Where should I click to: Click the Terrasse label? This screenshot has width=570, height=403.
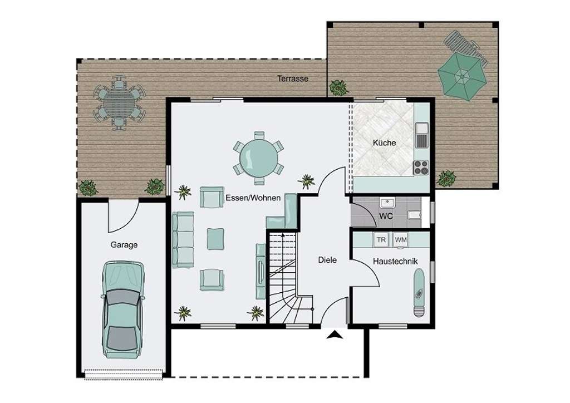[293, 79]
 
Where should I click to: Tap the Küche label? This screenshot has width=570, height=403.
[384, 143]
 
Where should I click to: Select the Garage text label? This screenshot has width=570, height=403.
[124, 245]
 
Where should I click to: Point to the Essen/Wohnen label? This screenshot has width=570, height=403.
[253, 198]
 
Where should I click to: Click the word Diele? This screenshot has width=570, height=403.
[327, 260]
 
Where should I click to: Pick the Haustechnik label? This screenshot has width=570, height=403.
[395, 261]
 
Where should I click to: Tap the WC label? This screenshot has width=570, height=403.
[386, 215]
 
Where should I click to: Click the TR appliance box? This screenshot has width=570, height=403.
[381, 239]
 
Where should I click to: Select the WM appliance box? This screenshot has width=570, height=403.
[400, 239]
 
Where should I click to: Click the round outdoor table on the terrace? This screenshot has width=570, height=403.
[119, 103]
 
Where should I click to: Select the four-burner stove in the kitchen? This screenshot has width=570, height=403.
[421, 166]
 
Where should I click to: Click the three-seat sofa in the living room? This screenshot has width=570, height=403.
[183, 239]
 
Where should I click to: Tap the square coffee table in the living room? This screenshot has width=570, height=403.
[215, 239]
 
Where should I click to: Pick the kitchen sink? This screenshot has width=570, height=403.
[422, 129]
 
